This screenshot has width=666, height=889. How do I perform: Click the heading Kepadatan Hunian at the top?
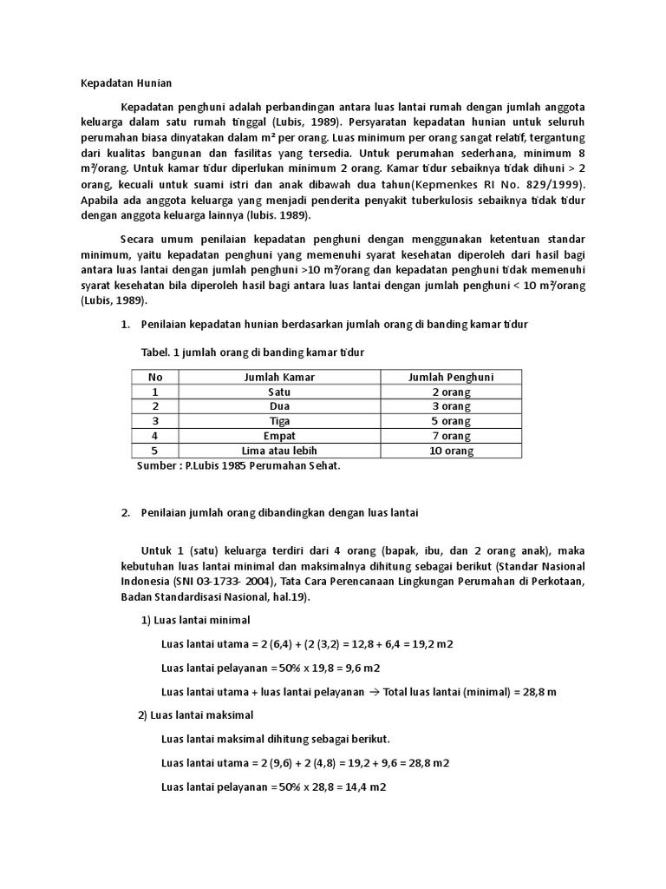click(x=121, y=83)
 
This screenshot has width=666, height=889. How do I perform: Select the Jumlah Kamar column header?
click(x=279, y=377)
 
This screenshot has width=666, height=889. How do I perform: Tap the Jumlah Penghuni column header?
click(x=450, y=377)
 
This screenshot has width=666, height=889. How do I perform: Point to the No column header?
click(x=155, y=377)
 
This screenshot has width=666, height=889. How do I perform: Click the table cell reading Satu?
click(x=279, y=392)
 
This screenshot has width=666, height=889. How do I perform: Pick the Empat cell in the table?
click(x=279, y=436)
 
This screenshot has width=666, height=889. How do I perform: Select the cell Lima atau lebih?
click(x=279, y=451)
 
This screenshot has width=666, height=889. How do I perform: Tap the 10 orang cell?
click(x=450, y=451)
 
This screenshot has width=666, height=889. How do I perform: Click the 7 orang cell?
click(x=450, y=436)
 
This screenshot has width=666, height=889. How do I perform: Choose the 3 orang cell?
click(x=450, y=406)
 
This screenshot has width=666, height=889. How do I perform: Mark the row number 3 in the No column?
click(x=155, y=421)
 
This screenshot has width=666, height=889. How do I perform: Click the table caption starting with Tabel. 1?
click(x=252, y=352)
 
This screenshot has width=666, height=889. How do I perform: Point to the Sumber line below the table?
click(x=239, y=466)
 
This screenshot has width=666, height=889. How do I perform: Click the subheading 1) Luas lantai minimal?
click(x=195, y=620)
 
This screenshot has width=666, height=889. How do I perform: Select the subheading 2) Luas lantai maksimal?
click(x=196, y=715)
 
